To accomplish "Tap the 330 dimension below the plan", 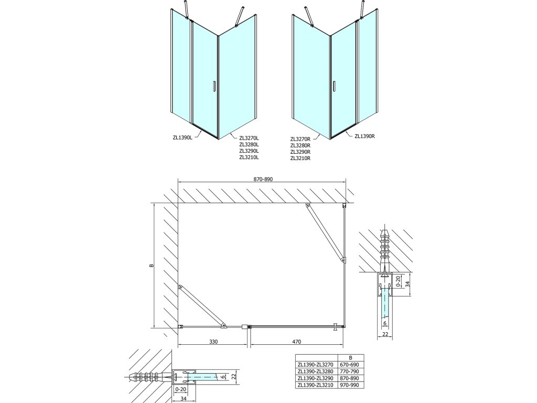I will point(213,342).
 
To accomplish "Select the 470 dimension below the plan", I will point(296,342).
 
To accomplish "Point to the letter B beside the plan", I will point(151,266).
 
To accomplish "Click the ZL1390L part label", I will point(183,139).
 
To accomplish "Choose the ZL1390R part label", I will point(364,136).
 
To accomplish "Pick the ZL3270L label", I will point(249,139).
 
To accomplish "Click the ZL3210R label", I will point(300,157).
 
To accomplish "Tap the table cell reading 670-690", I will point(351,365).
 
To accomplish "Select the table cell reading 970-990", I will point(351,385).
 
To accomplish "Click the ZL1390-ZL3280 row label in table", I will point(318,372).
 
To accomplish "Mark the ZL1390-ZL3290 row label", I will point(318,378).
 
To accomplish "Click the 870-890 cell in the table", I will point(351,378).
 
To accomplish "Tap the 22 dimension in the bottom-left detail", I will point(235,376).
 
